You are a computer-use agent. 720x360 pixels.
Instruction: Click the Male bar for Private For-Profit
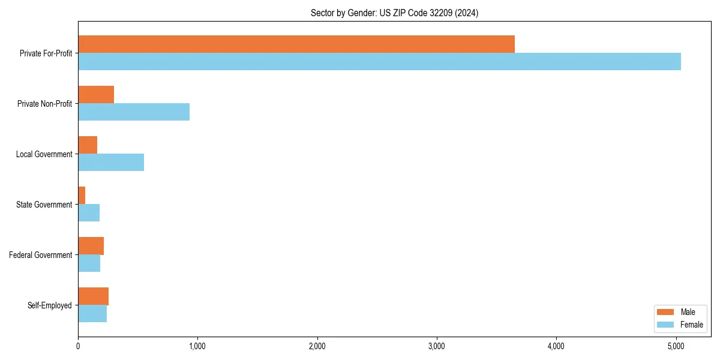pos(296,44)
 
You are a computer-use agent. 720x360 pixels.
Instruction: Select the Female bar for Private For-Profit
pos(379,62)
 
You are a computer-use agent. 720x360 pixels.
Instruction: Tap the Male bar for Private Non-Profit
pos(96,95)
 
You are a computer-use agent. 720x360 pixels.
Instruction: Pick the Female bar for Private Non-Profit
pos(134,112)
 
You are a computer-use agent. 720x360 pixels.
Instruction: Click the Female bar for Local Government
pos(111,163)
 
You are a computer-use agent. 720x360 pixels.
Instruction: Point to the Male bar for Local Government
pos(88,145)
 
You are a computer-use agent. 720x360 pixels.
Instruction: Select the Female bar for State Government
pos(89,213)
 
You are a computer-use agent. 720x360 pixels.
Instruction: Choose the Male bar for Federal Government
pos(91,246)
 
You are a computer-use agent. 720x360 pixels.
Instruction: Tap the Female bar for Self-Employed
pos(92,314)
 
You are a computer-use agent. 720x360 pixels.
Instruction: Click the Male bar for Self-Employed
pos(94,296)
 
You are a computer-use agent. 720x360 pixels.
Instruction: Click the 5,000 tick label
pos(676,346)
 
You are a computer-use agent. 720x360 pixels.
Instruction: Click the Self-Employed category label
pos(50,305)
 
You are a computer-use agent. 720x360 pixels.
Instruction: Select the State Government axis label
pos(44,205)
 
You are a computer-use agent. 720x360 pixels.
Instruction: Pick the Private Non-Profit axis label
pos(44,104)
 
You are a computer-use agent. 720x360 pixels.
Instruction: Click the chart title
pos(394,13)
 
